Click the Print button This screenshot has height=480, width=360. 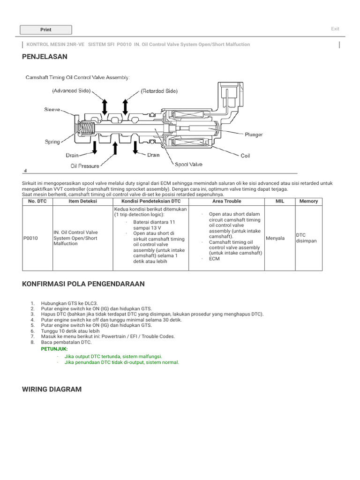pyautogui.click(x=46, y=30)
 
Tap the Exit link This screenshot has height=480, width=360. pyautogui.click(x=335, y=29)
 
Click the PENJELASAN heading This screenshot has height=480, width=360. pyautogui.click(x=45, y=57)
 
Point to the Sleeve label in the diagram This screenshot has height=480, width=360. pyautogui.click(x=52, y=110)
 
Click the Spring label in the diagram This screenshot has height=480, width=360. pyautogui.click(x=52, y=142)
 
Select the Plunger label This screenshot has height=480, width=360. pyautogui.click(x=254, y=135)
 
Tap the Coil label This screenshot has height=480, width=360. pyautogui.click(x=245, y=156)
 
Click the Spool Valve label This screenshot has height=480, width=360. pyautogui.click(x=188, y=165)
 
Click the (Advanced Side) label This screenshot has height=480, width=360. pyautogui.click(x=71, y=90)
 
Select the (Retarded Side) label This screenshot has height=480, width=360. pyautogui.click(x=159, y=91)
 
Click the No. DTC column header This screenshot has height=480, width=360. pyautogui.click(x=37, y=201)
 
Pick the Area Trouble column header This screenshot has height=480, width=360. pyautogui.click(x=226, y=201)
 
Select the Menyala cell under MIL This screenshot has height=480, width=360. pyautogui.click(x=275, y=238)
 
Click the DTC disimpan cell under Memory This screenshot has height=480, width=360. pyautogui.click(x=307, y=238)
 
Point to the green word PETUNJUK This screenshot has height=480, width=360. pyautogui.click(x=54, y=349)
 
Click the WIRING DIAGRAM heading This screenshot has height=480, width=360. pyautogui.click(x=52, y=389)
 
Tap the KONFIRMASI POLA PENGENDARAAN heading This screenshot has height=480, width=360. pyautogui.click(x=83, y=284)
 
